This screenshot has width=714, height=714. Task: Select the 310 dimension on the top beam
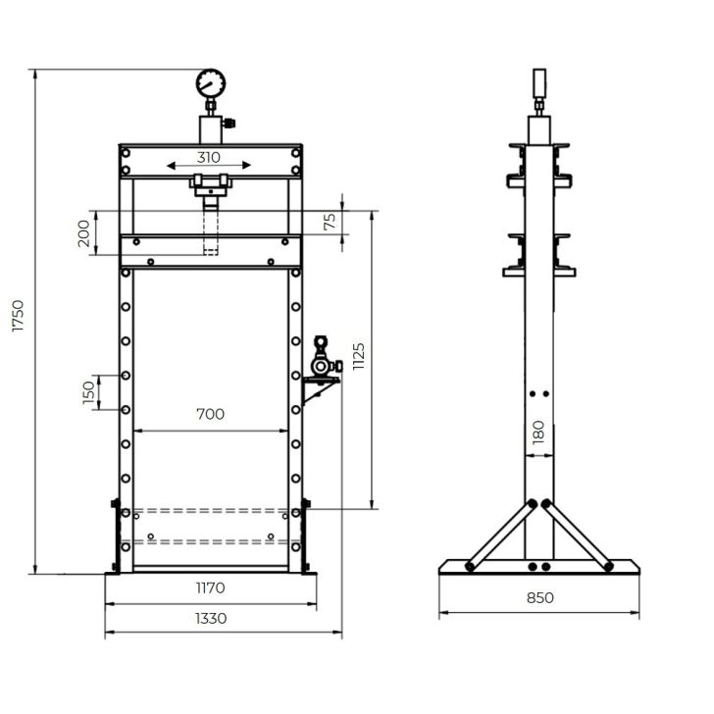tap(208, 156)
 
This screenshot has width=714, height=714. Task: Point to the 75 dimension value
tap(331, 223)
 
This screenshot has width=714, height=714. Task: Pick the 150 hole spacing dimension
tap(89, 392)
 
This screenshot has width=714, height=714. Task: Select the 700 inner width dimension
tap(210, 414)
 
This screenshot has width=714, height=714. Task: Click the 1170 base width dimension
tap(210, 588)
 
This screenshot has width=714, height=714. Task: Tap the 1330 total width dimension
tap(210, 618)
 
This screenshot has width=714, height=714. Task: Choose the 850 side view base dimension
tap(538, 597)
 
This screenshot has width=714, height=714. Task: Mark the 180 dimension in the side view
tap(537, 432)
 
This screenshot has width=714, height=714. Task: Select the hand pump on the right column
tap(320, 360)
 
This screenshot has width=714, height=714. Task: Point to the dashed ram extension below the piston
tap(210, 232)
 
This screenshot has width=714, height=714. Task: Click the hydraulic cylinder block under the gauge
tap(210, 128)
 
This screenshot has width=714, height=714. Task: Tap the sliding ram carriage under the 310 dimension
tap(210, 183)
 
